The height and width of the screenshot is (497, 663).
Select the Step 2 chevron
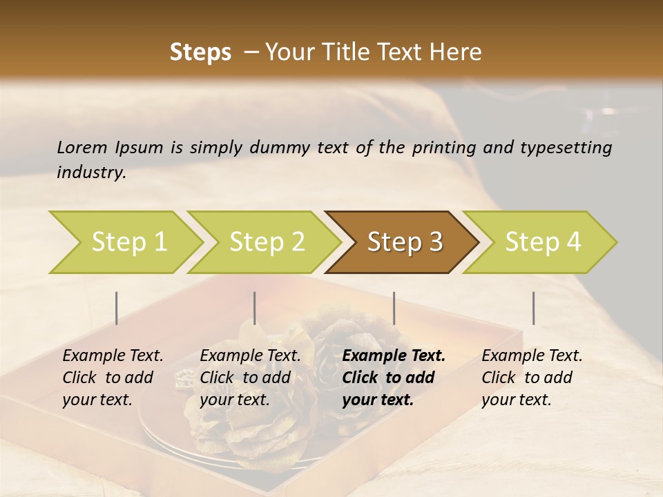(x=267, y=242)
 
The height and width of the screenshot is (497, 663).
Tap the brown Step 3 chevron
(x=405, y=242)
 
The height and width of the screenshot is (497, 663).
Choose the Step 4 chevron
(x=543, y=242)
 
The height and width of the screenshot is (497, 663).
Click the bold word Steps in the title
(x=200, y=52)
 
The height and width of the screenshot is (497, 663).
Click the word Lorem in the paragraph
(x=82, y=147)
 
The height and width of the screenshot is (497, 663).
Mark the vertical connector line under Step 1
(x=117, y=308)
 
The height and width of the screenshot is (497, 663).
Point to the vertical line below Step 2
(x=255, y=308)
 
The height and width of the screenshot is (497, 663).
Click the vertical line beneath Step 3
(x=394, y=308)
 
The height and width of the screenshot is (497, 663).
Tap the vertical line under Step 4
(x=533, y=308)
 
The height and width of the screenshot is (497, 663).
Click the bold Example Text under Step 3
(x=394, y=356)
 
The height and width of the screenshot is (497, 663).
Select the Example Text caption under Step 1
(x=113, y=356)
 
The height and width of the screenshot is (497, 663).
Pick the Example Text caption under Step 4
(x=532, y=356)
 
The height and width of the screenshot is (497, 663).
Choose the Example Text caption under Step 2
(x=250, y=356)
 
